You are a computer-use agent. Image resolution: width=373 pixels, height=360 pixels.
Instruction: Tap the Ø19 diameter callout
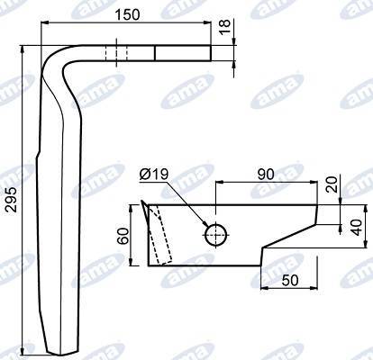click(x=156, y=174)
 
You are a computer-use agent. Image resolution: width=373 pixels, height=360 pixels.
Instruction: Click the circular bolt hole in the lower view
click(x=216, y=234)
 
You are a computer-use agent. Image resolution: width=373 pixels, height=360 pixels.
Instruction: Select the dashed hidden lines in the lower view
click(x=159, y=234)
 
